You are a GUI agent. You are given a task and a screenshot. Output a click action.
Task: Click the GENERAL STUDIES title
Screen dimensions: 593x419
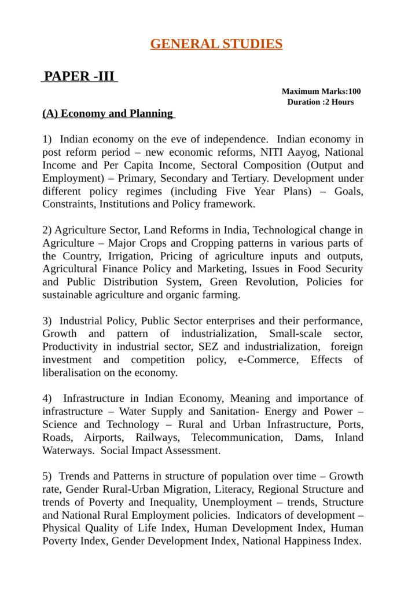pos(216,44)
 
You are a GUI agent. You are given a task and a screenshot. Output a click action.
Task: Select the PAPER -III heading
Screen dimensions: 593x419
pos(79,76)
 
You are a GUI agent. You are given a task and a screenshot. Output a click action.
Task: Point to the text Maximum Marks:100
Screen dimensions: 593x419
pos(321,91)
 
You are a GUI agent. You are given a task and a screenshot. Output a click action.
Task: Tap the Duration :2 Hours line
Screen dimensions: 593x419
pos(321,102)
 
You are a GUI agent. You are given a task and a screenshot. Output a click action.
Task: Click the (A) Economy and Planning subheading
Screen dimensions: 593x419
pos(108,114)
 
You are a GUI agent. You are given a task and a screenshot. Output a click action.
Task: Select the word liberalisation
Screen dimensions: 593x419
pos(73,372)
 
